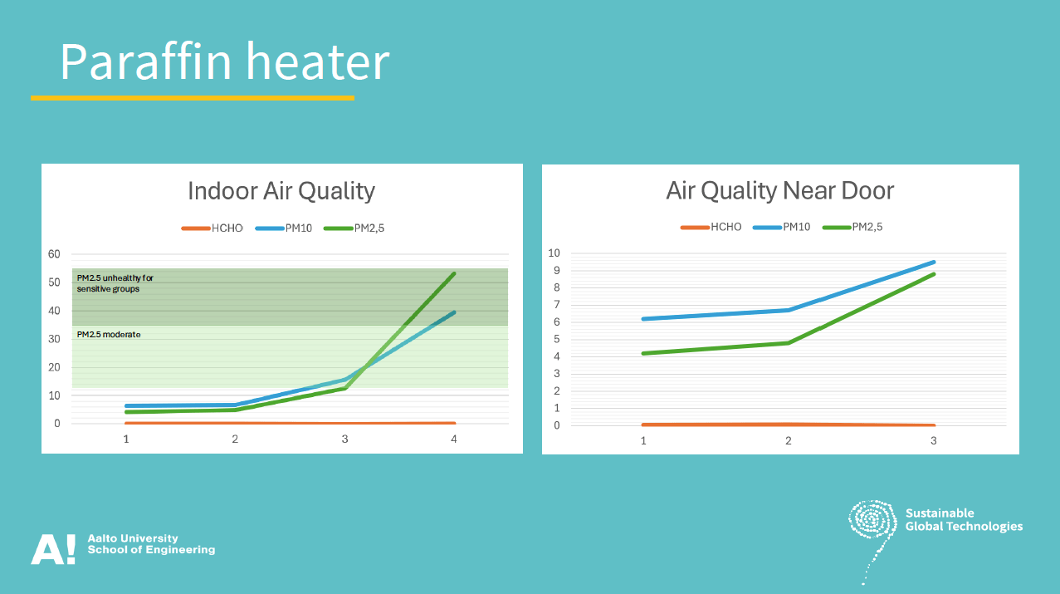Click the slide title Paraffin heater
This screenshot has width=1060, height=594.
coord(225,61)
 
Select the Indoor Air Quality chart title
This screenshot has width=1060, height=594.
coord(281,191)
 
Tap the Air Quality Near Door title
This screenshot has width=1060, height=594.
coord(780,191)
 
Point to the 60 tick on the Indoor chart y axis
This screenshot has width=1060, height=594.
coord(54,254)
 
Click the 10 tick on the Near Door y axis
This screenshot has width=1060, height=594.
coord(554,253)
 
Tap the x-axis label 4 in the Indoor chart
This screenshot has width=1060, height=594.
coord(454,439)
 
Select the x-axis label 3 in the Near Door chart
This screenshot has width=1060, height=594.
coord(934,440)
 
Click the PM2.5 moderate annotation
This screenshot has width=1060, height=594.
coord(109,335)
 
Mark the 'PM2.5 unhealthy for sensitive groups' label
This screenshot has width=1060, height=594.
coord(115,283)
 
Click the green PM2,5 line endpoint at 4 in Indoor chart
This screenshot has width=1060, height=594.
coord(454,274)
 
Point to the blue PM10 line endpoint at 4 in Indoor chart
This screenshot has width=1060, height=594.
coord(454,312)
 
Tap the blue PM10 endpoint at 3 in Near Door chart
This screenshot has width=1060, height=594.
coord(934,262)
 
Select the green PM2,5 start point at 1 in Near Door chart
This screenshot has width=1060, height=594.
coord(643,353)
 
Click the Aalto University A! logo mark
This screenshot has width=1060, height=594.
coord(53,549)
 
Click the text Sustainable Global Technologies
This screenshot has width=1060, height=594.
coord(964,519)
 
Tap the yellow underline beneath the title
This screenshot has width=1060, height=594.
coord(193,98)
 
